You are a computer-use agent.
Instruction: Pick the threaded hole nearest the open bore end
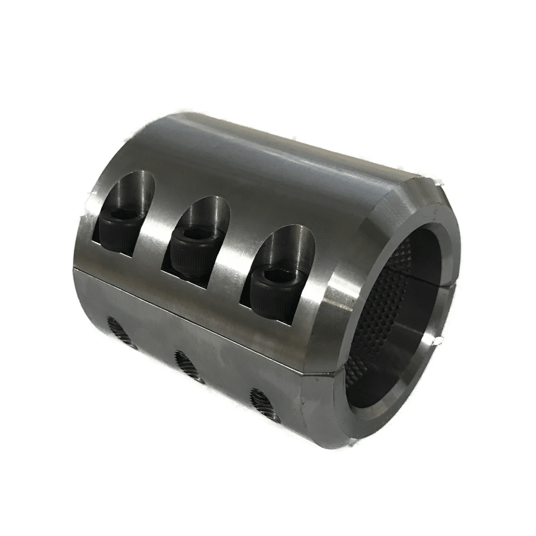point(262,400)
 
